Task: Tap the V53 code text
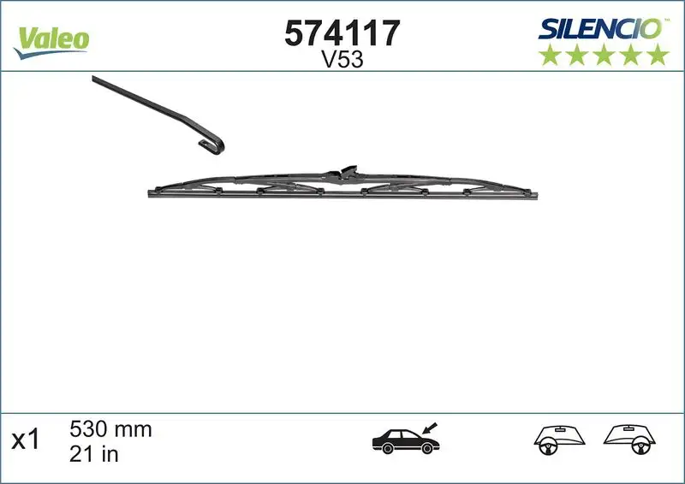[342, 60]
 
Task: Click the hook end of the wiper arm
[214, 146]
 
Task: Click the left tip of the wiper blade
[151, 193]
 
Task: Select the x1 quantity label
[26, 440]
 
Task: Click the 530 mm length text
[109, 429]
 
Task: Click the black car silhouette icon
[404, 441]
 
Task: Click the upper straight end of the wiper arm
[96, 80]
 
